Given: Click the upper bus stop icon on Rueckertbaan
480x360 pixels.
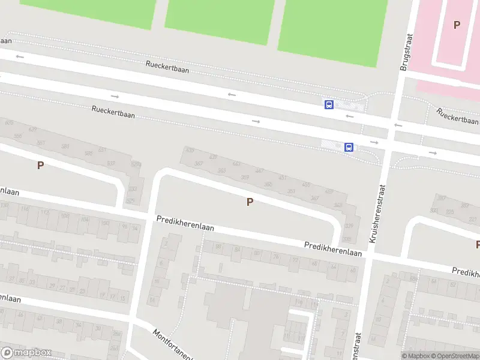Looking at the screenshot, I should [x=329, y=104].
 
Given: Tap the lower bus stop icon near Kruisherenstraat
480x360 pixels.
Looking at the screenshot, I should [x=349, y=147].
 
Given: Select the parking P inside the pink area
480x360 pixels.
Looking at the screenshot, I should [x=457, y=25].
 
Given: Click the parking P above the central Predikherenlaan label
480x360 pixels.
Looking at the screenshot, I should [x=250, y=202].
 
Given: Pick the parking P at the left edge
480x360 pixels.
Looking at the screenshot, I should [x=40, y=165].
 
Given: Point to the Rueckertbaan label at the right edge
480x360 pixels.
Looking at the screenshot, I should [x=458, y=115].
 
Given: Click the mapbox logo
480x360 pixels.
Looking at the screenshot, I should [x=26, y=353].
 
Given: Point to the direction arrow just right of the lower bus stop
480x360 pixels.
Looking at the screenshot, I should [x=375, y=142].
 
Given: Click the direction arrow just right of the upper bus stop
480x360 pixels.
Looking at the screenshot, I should [x=350, y=116].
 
